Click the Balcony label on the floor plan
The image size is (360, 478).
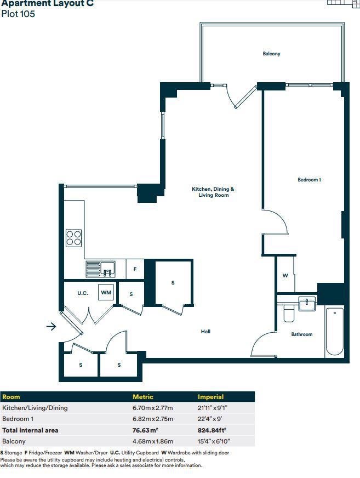click(x=271, y=54)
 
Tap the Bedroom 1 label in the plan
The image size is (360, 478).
click(x=309, y=180)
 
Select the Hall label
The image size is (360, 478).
click(x=205, y=332)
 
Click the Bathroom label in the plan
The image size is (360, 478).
click(x=302, y=334)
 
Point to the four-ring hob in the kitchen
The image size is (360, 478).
click(x=74, y=238)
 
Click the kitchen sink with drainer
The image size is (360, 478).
click(x=100, y=269)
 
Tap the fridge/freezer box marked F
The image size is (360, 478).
click(x=135, y=269)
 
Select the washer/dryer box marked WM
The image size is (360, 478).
click(x=106, y=292)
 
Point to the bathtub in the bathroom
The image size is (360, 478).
click(x=334, y=332)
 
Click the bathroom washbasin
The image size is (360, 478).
click(x=307, y=304)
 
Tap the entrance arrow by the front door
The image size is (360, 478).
click(x=51, y=327)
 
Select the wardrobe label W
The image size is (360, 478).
click(x=285, y=276)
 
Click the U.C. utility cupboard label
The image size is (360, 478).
click(x=83, y=293)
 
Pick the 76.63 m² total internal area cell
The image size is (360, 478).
click(x=145, y=430)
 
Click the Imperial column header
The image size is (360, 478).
click(x=210, y=397)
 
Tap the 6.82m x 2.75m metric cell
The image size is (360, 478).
click(x=153, y=419)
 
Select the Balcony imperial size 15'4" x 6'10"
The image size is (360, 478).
click(x=214, y=441)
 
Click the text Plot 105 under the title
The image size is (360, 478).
click(x=18, y=14)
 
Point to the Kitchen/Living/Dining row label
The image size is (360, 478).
click(x=35, y=408)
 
